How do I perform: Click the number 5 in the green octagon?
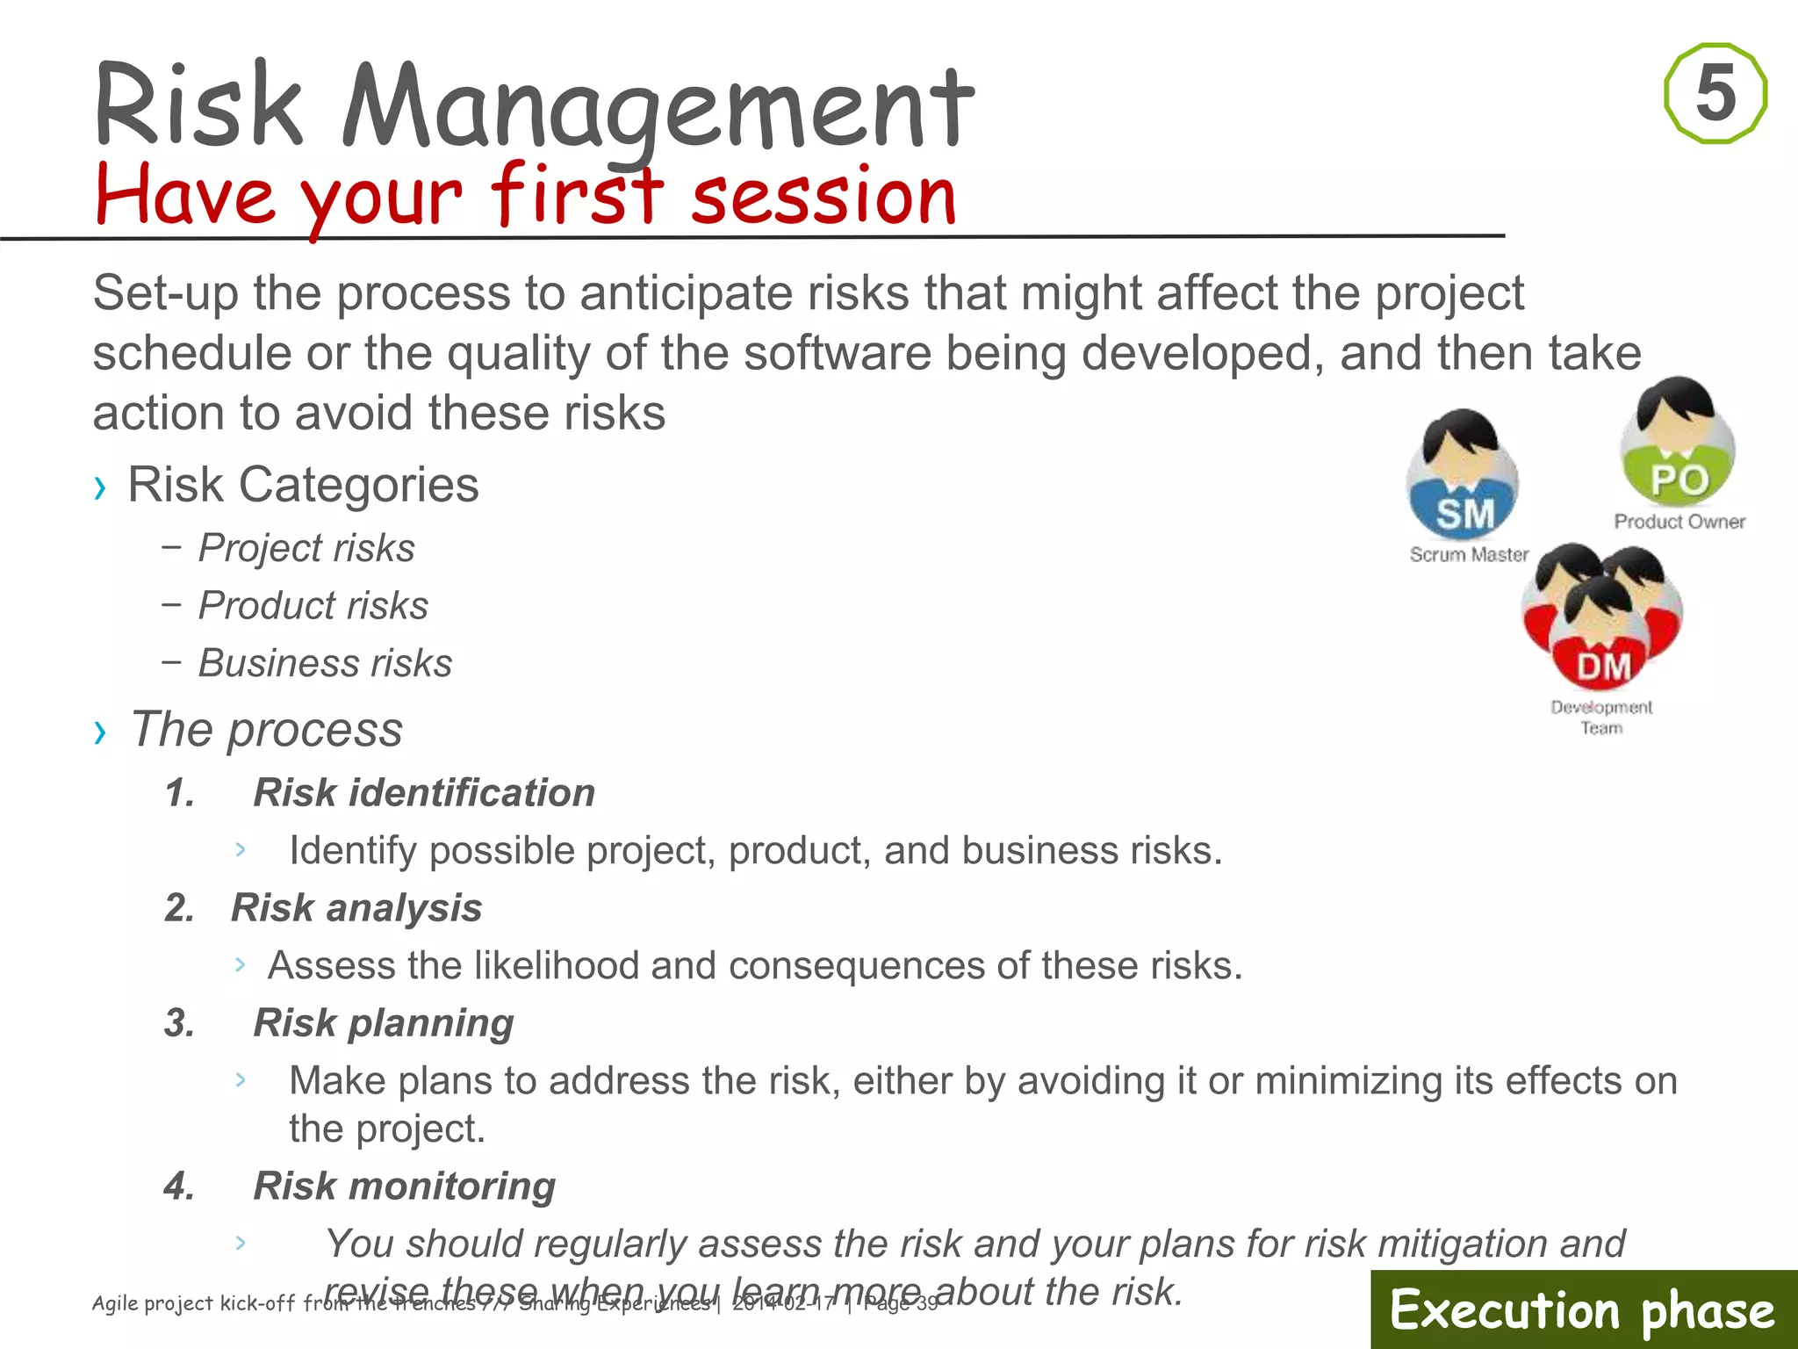click(1715, 93)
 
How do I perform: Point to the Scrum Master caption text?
click(1469, 555)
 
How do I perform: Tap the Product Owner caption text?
click(1679, 522)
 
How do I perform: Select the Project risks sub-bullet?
click(306, 548)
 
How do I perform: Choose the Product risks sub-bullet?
click(313, 605)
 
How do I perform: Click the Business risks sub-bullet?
click(325, 663)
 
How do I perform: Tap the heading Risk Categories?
click(303, 485)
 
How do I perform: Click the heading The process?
click(266, 729)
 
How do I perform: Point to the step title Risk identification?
click(424, 792)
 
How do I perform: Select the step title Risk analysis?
click(356, 907)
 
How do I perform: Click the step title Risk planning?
click(384, 1022)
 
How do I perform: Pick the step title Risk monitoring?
click(404, 1186)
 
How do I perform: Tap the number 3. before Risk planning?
click(180, 1023)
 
